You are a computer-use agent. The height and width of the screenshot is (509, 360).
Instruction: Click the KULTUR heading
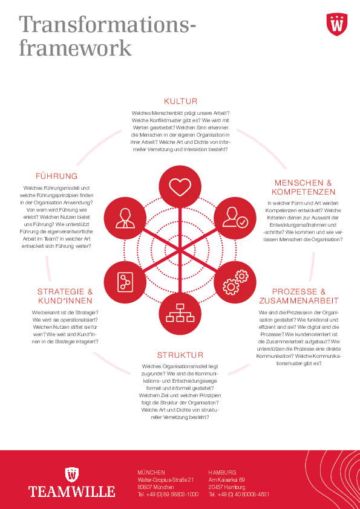click(x=180, y=102)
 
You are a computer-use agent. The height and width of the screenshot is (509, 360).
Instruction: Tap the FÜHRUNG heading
click(x=56, y=177)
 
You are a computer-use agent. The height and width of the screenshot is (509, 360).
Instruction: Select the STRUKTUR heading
click(x=180, y=355)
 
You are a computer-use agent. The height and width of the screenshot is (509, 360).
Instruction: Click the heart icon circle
click(x=180, y=187)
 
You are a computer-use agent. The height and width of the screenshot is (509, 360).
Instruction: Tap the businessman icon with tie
click(x=125, y=218)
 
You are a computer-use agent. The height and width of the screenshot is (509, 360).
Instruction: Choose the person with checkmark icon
click(x=235, y=218)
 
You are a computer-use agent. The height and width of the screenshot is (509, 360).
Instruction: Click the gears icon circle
click(x=235, y=282)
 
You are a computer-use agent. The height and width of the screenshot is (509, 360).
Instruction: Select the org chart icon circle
click(x=180, y=314)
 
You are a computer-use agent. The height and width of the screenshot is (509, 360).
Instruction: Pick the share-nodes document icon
click(x=125, y=282)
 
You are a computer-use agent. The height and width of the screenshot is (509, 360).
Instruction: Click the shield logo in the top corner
click(x=337, y=24)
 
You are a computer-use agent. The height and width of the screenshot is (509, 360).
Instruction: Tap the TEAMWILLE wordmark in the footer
click(x=71, y=491)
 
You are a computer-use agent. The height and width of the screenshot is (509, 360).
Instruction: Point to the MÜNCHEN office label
click(x=151, y=472)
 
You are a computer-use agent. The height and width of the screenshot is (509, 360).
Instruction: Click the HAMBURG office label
click(x=222, y=472)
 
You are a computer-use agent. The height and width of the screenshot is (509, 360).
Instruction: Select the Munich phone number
click(x=168, y=494)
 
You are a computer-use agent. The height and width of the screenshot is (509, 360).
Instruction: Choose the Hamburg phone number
click(x=239, y=494)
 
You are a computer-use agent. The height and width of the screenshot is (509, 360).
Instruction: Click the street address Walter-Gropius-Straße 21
click(x=166, y=480)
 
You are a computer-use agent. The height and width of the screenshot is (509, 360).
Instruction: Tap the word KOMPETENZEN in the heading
click(x=304, y=192)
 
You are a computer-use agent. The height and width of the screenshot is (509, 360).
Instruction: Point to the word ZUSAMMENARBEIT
click(x=299, y=300)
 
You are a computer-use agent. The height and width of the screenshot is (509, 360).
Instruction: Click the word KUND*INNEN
click(x=65, y=300)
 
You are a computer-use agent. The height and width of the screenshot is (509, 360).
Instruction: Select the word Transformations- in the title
click(x=108, y=25)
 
